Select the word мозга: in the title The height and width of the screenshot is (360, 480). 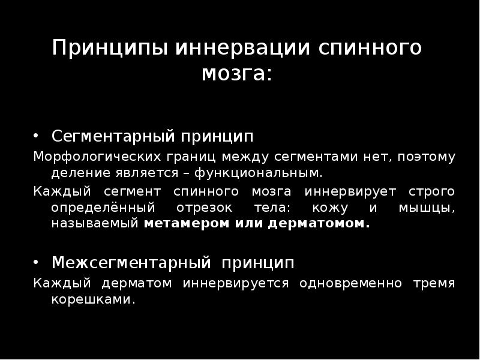click(x=236, y=74)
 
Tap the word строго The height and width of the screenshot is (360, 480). click(x=431, y=191)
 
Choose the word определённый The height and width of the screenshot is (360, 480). click(x=98, y=208)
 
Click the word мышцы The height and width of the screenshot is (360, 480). click(x=427, y=208)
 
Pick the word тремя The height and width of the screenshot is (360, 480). click(x=434, y=283)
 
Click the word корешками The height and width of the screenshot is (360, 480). click(x=93, y=299)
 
